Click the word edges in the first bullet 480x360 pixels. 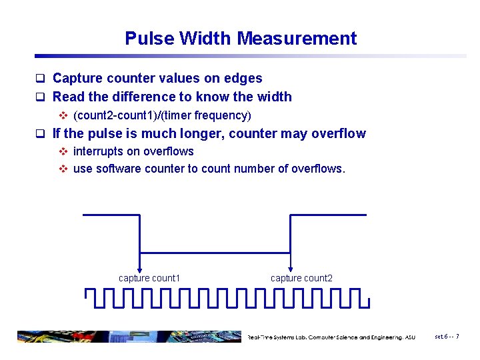243,79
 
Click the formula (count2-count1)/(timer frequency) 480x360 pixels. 162,115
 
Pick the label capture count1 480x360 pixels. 149,278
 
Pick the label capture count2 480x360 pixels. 301,278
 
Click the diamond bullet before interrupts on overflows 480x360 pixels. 63,151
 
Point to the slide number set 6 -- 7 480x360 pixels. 447,337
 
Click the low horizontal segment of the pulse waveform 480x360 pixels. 215,252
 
